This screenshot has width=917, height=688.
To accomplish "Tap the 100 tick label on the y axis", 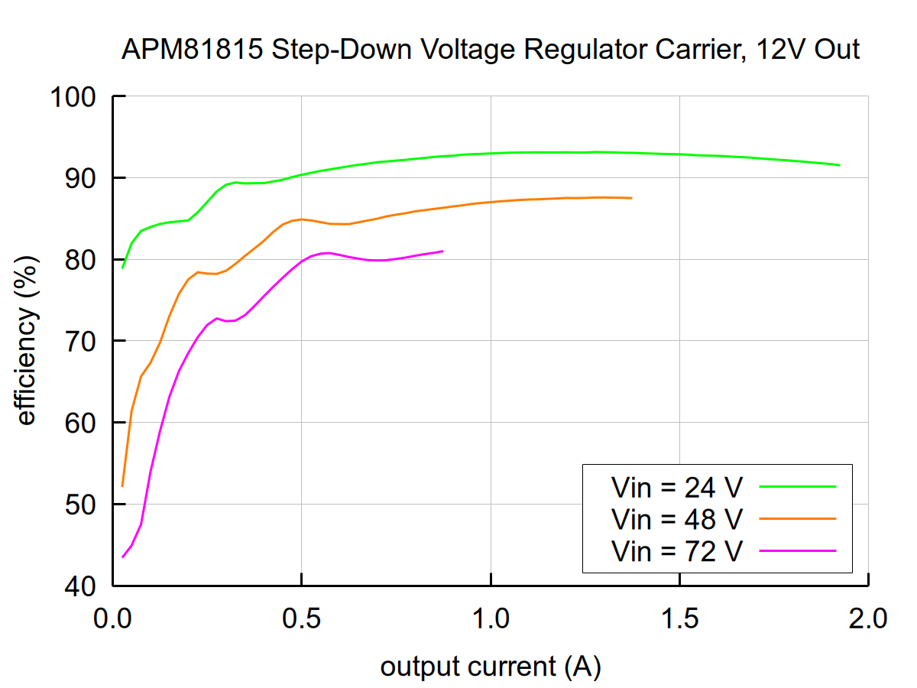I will [x=74, y=97].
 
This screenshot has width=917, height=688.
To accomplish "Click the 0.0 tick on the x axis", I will [x=113, y=617].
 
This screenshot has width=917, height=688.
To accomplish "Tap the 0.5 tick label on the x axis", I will [x=302, y=617].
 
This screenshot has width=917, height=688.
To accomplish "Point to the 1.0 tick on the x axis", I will [x=491, y=617].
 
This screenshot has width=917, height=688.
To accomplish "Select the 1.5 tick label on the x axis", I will [x=679, y=617].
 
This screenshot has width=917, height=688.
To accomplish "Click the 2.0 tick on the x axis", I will [x=868, y=617].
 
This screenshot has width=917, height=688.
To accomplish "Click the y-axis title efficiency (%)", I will [x=27, y=341].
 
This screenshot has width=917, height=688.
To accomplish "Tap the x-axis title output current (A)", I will [x=491, y=667].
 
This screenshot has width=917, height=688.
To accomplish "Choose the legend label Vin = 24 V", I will [x=676, y=485].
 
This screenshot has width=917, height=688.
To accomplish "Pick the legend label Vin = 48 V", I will [x=676, y=518].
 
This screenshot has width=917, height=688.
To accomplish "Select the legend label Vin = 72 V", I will [x=676, y=550].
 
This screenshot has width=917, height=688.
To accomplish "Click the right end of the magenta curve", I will [x=442, y=251].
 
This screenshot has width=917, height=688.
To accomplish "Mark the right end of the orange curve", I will [x=631, y=198].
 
